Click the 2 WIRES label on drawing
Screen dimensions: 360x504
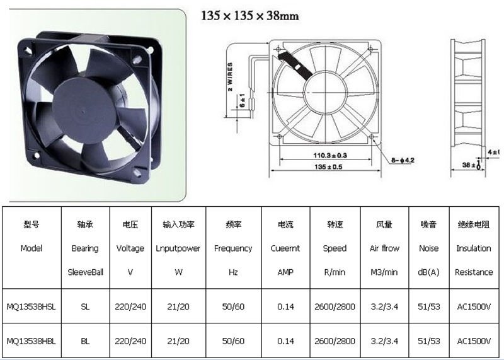click(x=231, y=76)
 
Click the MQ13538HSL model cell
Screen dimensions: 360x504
click(x=31, y=306)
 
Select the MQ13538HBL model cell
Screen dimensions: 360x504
click(x=31, y=341)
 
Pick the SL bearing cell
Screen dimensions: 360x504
click(x=85, y=306)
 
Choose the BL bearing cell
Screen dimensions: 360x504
click(x=85, y=341)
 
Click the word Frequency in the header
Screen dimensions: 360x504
click(x=233, y=248)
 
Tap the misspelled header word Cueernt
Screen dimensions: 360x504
click(x=285, y=248)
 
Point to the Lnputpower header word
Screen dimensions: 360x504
click(x=178, y=248)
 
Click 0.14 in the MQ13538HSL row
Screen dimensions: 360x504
click(x=285, y=306)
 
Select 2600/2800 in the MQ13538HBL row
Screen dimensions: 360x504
click(x=335, y=341)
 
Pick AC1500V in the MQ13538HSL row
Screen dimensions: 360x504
click(x=474, y=306)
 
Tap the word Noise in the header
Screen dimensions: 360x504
click(x=428, y=248)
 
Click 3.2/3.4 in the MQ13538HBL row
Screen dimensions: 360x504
click(x=384, y=341)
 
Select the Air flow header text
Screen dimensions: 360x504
click(x=384, y=248)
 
